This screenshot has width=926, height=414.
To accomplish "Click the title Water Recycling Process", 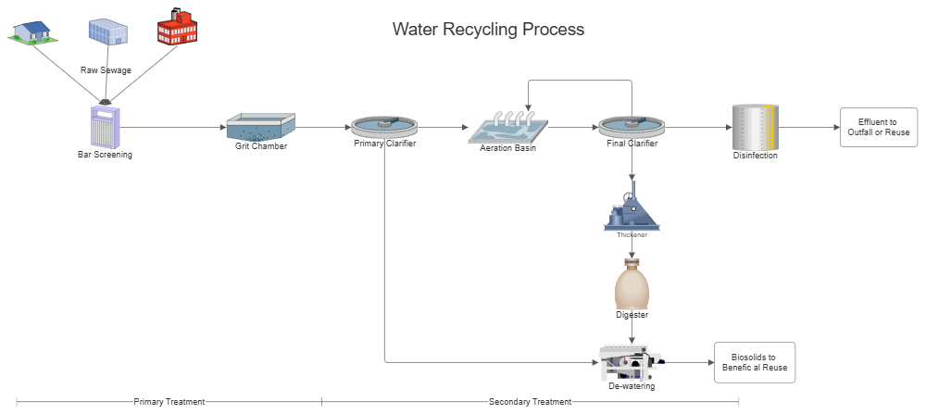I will click(x=488, y=29).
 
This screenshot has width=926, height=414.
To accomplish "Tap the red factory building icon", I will click(x=177, y=27).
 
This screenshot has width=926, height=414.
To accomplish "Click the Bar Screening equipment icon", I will click(x=105, y=125).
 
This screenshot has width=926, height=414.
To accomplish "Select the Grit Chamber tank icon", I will click(x=260, y=127).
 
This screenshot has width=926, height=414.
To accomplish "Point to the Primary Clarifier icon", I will click(x=384, y=126).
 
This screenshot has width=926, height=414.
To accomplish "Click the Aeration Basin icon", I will click(x=507, y=127).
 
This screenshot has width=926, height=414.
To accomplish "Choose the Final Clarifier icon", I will click(x=632, y=126).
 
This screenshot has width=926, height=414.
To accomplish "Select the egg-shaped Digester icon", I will click(x=632, y=284).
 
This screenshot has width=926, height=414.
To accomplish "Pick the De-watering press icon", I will click(x=631, y=361).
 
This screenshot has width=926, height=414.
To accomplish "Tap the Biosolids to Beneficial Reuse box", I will click(x=754, y=362).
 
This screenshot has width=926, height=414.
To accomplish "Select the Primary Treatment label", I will click(x=169, y=401).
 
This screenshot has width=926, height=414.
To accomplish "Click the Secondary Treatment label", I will click(x=530, y=401).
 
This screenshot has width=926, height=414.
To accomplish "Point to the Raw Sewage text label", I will click(x=105, y=70).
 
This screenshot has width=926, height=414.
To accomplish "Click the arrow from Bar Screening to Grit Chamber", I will click(x=174, y=127).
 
